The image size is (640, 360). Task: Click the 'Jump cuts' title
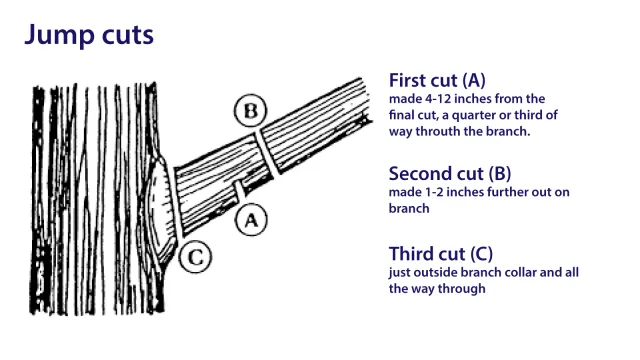(x=88, y=37)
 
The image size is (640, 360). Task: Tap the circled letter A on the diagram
(x=252, y=220)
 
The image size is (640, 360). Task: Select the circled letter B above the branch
(x=249, y=111)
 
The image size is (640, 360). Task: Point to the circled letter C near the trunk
(x=196, y=257)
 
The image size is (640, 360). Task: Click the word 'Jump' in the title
(x=53, y=37)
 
